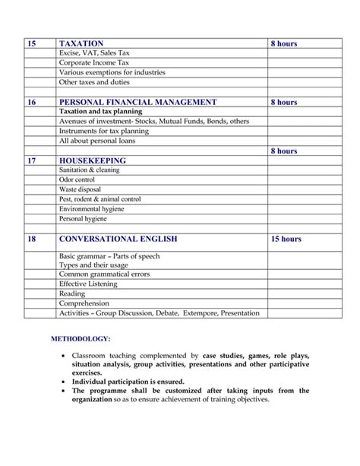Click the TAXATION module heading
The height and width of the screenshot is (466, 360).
[x=81, y=44]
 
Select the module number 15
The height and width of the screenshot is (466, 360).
[x=31, y=44]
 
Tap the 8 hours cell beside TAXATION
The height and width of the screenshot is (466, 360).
[x=283, y=44]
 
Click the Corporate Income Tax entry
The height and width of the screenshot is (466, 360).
[x=96, y=63]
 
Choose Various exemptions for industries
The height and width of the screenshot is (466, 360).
[x=112, y=73]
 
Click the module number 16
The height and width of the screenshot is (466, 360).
[x=31, y=102]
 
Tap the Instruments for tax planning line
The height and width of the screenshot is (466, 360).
[x=103, y=131]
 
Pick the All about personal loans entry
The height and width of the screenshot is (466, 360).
[x=99, y=141]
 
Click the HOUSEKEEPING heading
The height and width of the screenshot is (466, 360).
[x=92, y=161]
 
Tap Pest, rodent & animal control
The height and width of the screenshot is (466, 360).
[x=99, y=198]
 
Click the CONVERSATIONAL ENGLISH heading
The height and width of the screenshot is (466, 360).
[x=118, y=239]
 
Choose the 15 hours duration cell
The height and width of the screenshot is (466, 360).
[x=286, y=239]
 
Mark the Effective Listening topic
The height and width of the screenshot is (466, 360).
[x=88, y=284]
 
